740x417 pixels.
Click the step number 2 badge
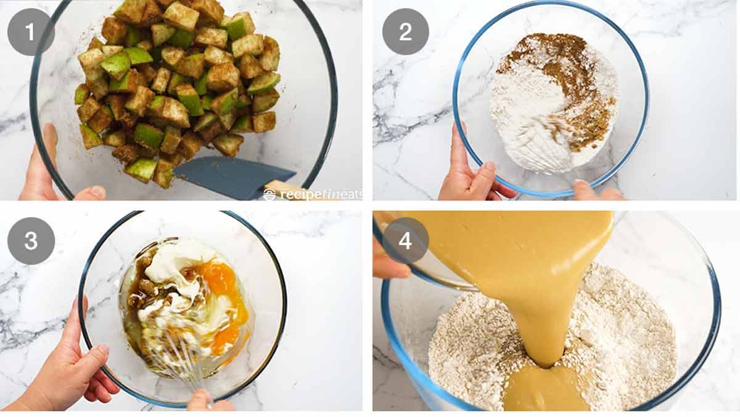click(x=405, y=32)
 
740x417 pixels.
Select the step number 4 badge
click(x=405, y=241)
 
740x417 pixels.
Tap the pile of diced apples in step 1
click(x=179, y=86)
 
